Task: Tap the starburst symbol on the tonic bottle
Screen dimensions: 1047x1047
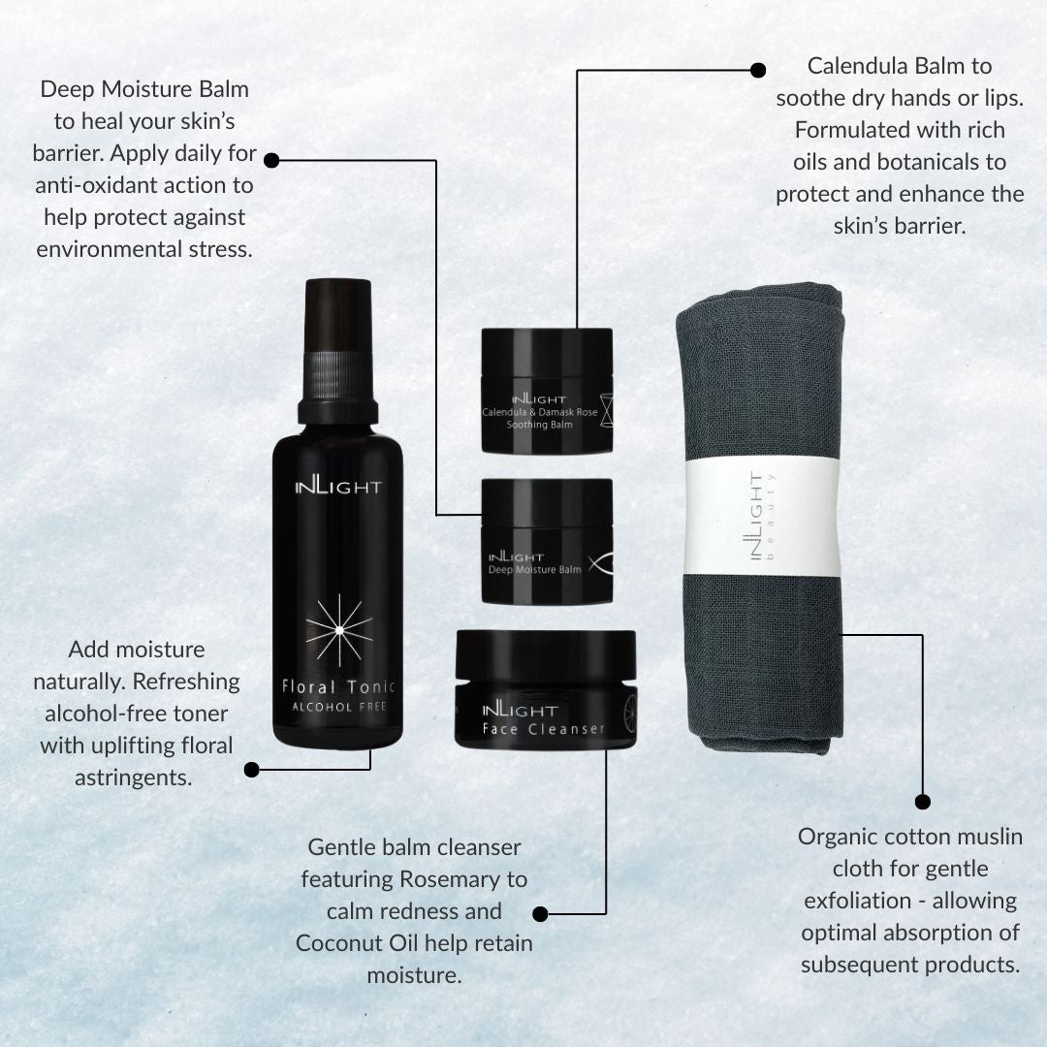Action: pyautogui.click(x=339, y=630)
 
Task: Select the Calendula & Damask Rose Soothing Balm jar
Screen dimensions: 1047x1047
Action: pyautogui.click(x=547, y=390)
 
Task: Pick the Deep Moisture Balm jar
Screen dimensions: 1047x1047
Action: pyautogui.click(x=547, y=542)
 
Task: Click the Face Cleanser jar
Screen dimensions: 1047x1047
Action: pyautogui.click(x=545, y=688)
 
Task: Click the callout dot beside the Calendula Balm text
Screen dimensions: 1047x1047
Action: pyautogui.click(x=758, y=70)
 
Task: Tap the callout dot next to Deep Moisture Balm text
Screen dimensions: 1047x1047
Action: pyautogui.click(x=271, y=160)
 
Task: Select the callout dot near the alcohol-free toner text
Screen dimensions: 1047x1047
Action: pyautogui.click(x=252, y=770)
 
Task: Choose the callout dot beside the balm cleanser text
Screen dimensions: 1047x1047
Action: pyautogui.click(x=541, y=913)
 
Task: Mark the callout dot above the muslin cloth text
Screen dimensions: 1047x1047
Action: pyautogui.click(x=922, y=802)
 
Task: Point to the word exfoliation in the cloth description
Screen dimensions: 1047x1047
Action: pyautogui.click(x=857, y=901)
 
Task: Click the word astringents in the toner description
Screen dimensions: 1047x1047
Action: pyautogui.click(x=134, y=778)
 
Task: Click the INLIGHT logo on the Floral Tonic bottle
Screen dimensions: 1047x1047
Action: pyautogui.click(x=338, y=487)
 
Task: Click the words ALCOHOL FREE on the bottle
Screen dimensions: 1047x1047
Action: pyautogui.click(x=339, y=707)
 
